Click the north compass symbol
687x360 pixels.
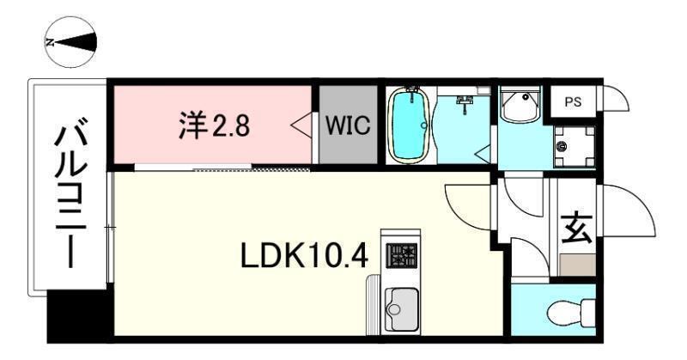[70, 41]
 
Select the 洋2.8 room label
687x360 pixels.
[214, 126]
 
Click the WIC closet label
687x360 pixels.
[348, 126]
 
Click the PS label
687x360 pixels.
[573, 101]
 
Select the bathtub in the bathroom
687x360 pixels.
[410, 125]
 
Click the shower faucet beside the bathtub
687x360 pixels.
[466, 103]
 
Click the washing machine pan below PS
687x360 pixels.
[572, 145]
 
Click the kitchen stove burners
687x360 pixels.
[401, 255]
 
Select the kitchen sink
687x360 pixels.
[401, 304]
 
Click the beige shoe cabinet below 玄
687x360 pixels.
[575, 265]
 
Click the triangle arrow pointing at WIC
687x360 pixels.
[301, 125]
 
